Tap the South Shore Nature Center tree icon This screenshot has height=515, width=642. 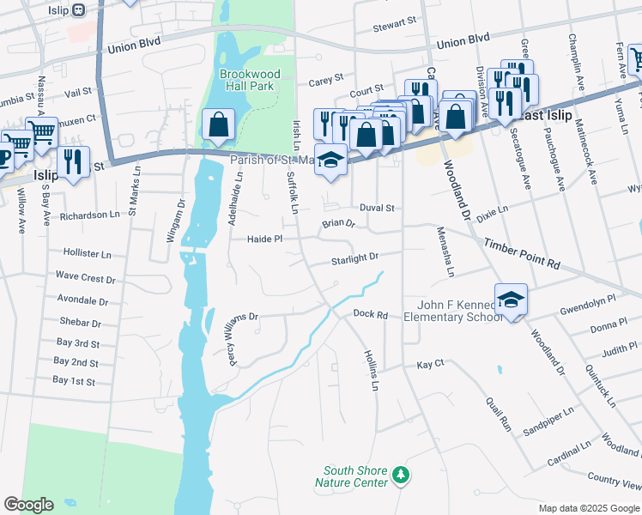click(x=399, y=475)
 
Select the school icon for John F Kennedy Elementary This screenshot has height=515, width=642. click(x=511, y=300)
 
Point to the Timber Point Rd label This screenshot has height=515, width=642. click(x=520, y=255)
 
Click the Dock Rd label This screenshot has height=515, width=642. click(x=371, y=315)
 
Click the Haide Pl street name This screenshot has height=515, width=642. click(x=264, y=239)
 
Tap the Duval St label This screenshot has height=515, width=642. click(x=377, y=208)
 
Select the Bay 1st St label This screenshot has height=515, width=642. click(x=74, y=380)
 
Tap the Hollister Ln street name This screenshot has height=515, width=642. click(x=88, y=254)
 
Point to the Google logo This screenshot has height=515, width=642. click(x=28, y=505)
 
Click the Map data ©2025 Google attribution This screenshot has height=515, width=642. click(x=589, y=508)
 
